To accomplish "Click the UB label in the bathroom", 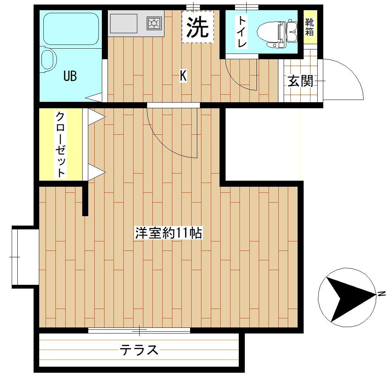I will pos(70,76).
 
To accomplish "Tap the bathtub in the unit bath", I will pos(71,29).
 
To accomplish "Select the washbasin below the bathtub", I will pos(48,60).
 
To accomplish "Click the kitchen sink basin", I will pos(123,23).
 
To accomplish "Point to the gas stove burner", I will pos(154,23).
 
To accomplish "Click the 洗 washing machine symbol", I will pos(198,27).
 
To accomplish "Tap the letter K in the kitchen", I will pos(183,76).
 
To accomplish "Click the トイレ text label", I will pos(241,32).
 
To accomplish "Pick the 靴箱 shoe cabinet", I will pos(310,28).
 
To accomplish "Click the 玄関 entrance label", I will pos(300,81).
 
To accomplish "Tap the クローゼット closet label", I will pos(60,144).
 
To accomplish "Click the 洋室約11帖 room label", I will pos(169,233).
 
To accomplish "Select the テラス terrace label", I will pos(139,350).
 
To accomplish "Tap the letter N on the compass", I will pos(382,293).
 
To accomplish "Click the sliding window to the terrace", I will pos(139,330).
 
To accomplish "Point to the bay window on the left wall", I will pos(15,257).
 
